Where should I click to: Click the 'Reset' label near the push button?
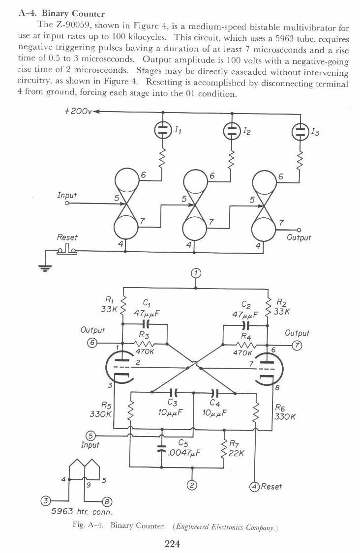(67, 237)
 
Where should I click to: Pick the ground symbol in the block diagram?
(46, 267)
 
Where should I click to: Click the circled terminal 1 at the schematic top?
(196, 273)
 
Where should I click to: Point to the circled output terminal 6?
(91, 343)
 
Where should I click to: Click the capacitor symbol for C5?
(161, 448)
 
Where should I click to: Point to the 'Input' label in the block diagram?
(67, 196)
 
